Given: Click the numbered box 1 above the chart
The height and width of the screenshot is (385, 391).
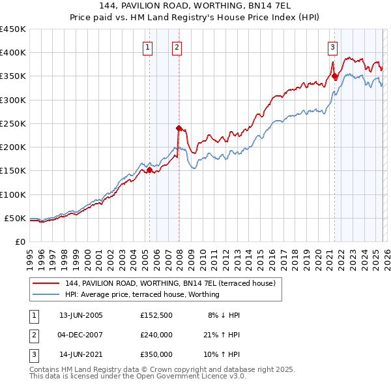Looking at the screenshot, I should point(147,47).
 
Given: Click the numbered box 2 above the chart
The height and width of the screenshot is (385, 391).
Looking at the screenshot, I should point(177,47).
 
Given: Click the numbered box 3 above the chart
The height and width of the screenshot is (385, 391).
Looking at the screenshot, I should point(332,47).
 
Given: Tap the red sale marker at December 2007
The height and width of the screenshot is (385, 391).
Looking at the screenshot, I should point(179,128).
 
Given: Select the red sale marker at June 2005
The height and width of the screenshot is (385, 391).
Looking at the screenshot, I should point(149,170).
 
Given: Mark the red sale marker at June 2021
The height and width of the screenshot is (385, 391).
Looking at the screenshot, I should point(335,76).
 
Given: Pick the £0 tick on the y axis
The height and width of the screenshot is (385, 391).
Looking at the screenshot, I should point(20,241).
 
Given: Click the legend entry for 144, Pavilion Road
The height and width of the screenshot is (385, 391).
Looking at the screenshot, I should point(171,283).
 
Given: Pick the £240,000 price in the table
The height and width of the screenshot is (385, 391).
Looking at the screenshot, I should point(156,335).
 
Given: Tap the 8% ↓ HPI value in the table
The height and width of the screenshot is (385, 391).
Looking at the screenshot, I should point(224,315).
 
